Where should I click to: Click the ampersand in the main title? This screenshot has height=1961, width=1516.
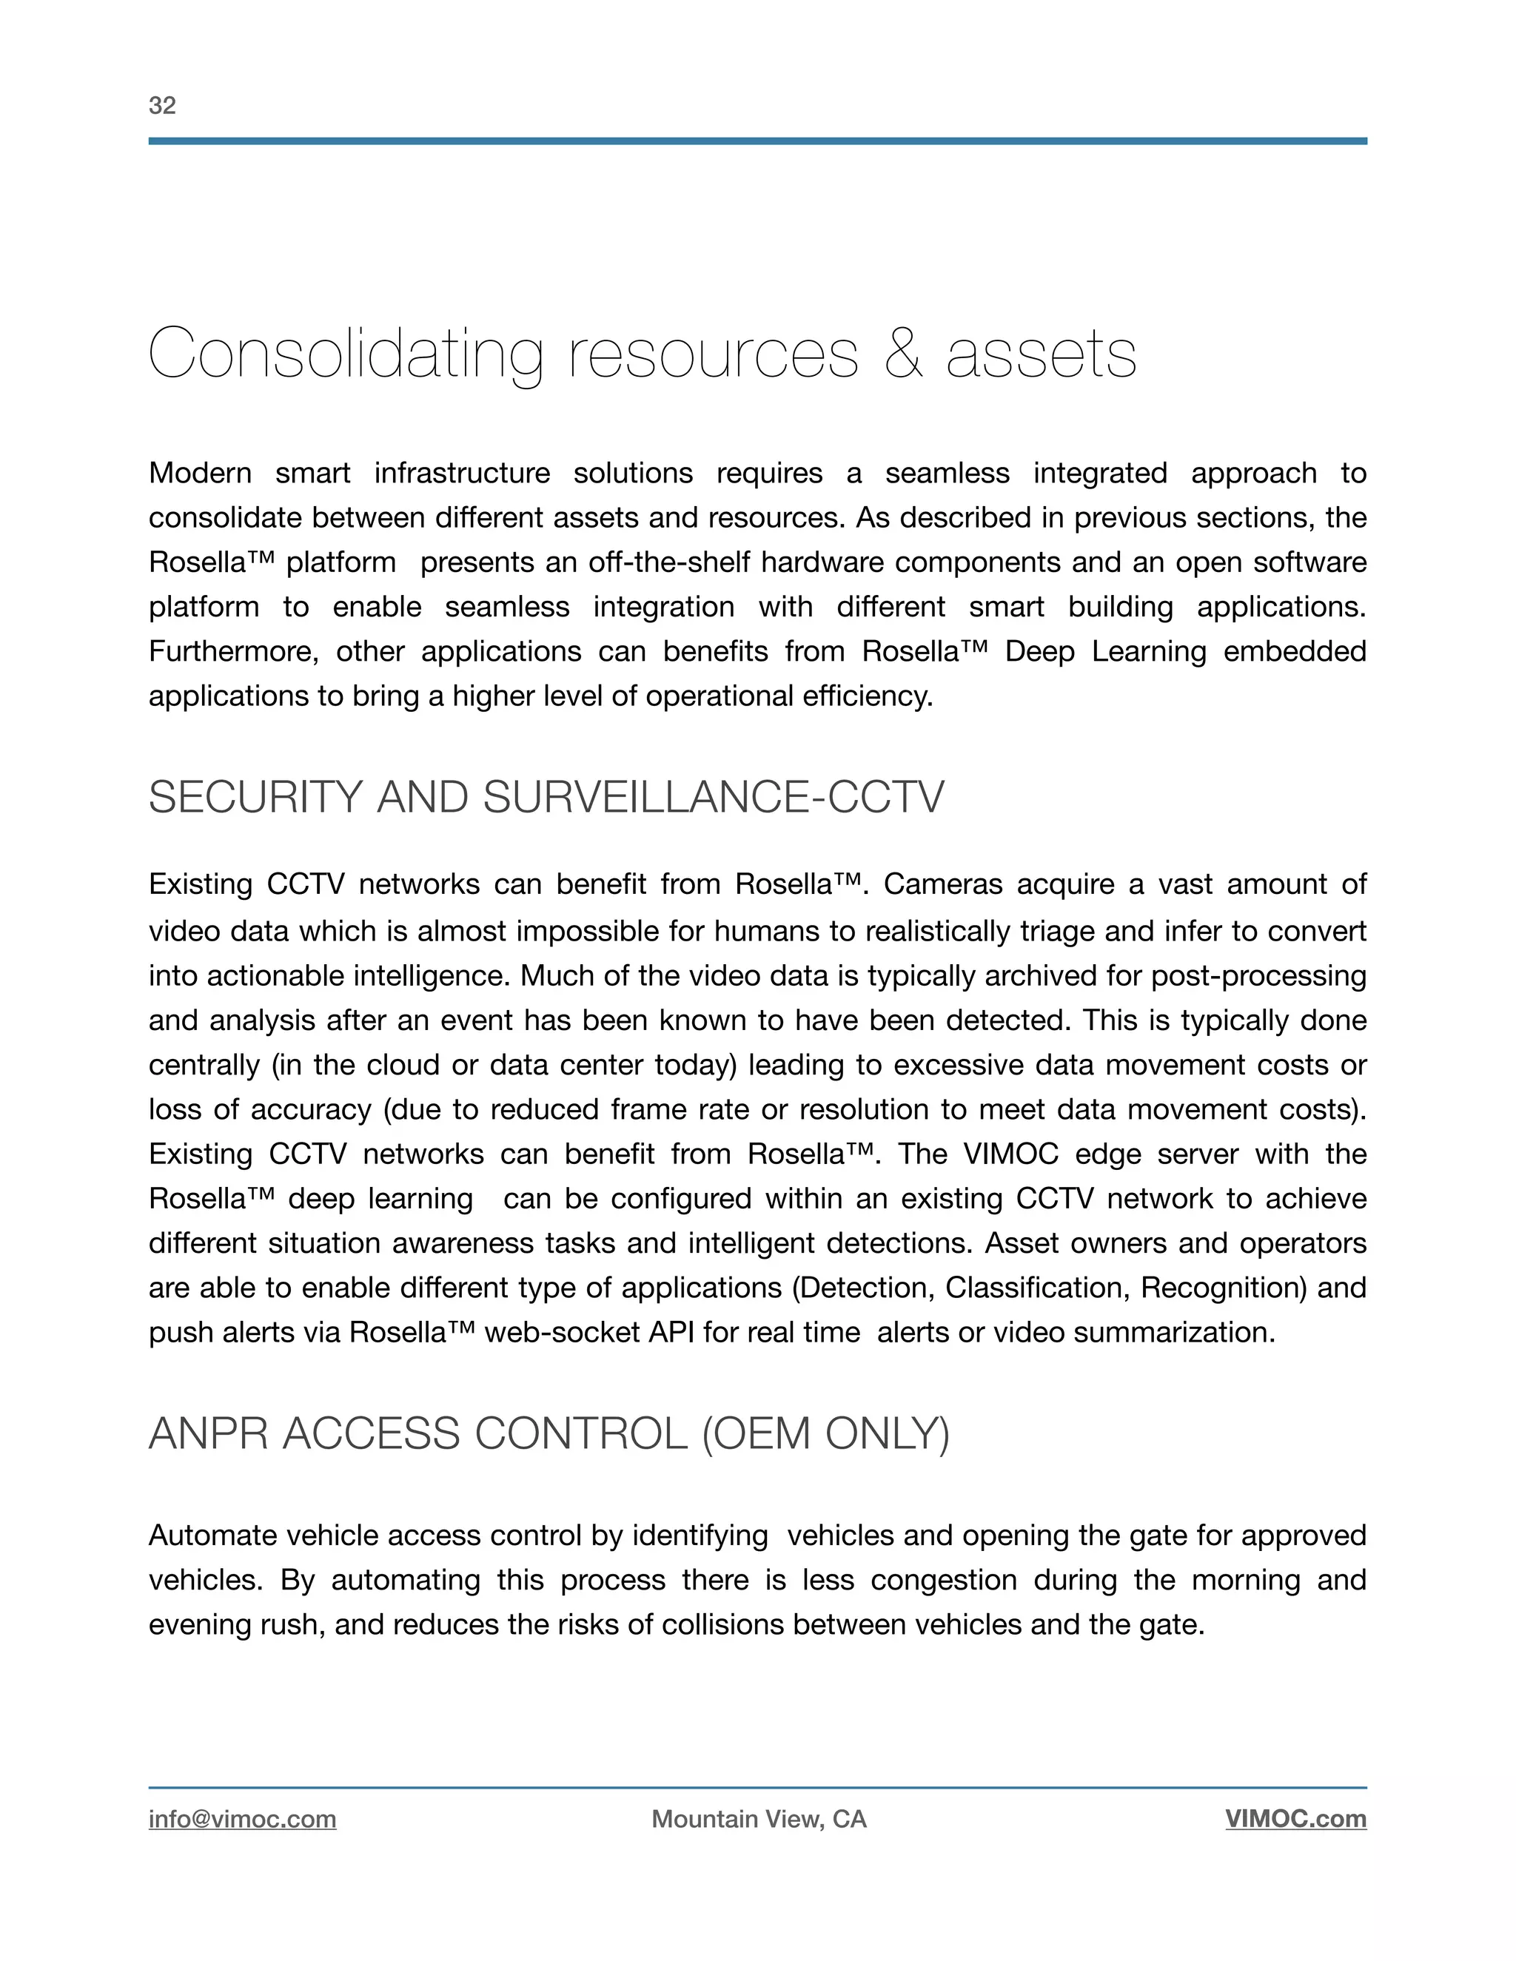click(x=902, y=354)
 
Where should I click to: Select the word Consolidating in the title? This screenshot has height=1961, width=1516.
click(x=346, y=354)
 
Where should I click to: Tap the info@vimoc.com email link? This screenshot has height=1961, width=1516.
click(x=243, y=1819)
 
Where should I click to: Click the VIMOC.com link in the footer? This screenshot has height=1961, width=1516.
click(x=1295, y=1819)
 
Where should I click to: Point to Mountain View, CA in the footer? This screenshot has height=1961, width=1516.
click(x=759, y=1819)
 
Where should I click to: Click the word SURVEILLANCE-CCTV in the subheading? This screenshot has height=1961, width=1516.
click(x=714, y=797)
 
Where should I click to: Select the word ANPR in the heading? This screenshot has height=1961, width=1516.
click(x=207, y=1433)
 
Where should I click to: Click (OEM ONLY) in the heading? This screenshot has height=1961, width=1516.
click(x=825, y=1433)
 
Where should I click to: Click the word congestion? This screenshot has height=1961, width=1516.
click(x=943, y=1581)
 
